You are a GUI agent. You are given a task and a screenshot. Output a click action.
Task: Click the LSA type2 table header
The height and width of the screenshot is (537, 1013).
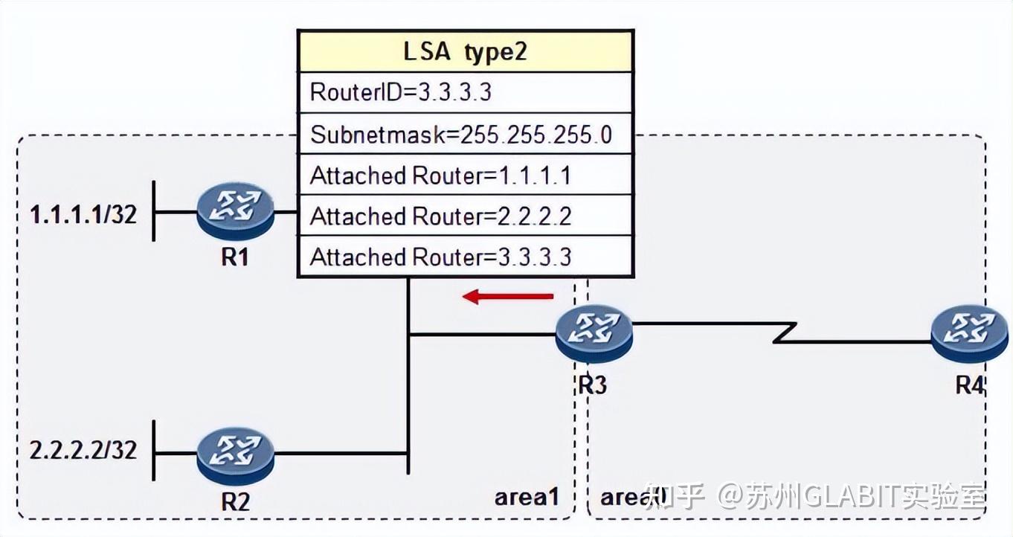coord(465,51)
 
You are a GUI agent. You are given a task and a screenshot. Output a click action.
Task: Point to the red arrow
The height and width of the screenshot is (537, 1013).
coord(508,297)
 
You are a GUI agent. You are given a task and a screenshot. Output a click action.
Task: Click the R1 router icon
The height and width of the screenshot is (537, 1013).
coord(236,211)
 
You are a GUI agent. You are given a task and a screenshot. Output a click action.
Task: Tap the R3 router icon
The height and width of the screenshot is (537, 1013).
coord(594,333)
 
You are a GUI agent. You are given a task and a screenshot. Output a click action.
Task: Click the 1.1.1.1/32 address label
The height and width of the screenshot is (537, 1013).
coord(83,215)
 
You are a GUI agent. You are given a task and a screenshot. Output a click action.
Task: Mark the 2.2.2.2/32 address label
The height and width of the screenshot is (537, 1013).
coord(83,450)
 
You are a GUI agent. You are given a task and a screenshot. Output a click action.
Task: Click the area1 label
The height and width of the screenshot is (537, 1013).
coord(527,497)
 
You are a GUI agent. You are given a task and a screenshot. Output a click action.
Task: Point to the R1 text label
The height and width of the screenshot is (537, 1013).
coord(235,258)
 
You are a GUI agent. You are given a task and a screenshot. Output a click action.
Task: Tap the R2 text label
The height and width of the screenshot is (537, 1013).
coord(235,501)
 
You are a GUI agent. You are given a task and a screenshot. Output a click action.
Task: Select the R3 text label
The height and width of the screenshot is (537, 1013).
coord(592,385)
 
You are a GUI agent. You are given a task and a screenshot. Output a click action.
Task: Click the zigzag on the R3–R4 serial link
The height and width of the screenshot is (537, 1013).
coord(785,332)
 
